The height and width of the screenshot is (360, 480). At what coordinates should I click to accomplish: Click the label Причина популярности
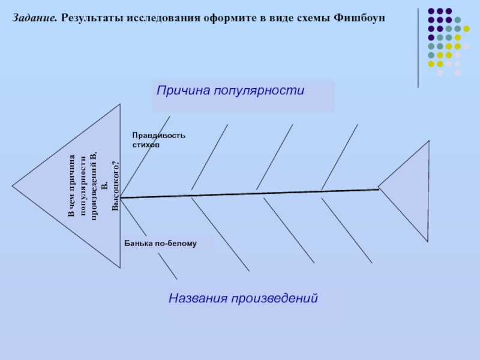tap(231, 91)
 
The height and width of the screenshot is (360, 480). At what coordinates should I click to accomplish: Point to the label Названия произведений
tap(242, 298)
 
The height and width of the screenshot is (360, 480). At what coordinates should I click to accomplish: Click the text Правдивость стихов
tap(159, 140)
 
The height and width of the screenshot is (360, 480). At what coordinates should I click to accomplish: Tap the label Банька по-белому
tap(160, 244)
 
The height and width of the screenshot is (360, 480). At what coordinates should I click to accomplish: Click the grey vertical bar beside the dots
tap(419, 48)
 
